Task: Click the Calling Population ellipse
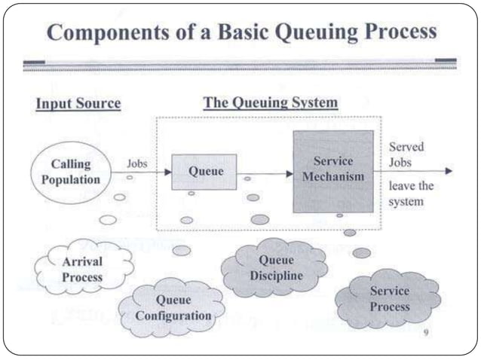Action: click(70, 171)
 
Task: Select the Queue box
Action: click(204, 172)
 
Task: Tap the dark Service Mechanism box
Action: click(332, 171)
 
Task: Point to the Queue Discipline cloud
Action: click(275, 268)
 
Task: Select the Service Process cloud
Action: click(389, 299)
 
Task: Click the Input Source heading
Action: click(78, 104)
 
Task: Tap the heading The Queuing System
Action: click(271, 102)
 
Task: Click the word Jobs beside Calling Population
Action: click(136, 162)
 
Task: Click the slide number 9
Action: click(427, 332)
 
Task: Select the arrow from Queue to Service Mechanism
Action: click(265, 173)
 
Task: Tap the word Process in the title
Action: click(394, 32)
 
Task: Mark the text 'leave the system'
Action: click(411, 194)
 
